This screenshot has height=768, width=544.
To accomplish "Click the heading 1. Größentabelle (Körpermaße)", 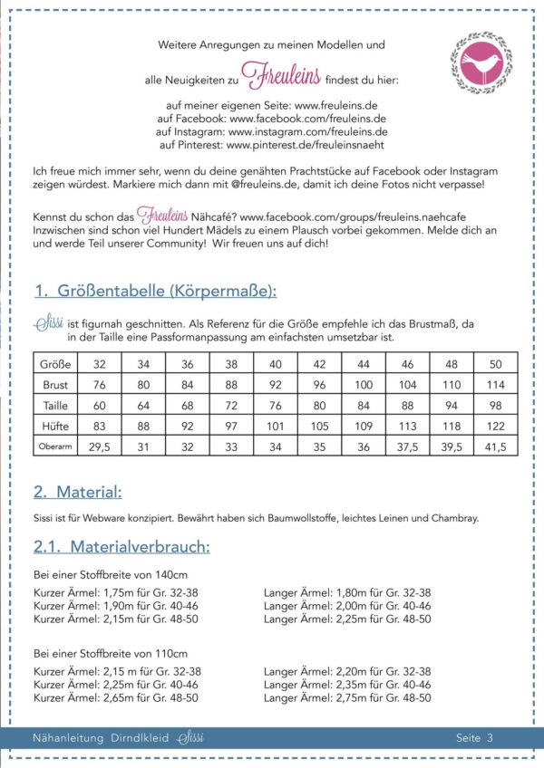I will tap(155, 291).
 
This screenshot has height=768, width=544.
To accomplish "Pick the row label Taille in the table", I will tap(54, 405).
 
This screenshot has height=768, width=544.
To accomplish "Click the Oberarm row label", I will tap(54, 446).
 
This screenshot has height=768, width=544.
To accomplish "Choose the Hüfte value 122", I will tap(495, 426).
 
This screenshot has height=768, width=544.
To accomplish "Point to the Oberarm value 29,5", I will tap(99, 446).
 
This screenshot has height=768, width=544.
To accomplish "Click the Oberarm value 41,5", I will tap(495, 446).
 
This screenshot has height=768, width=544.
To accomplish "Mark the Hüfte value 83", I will tap(99, 426).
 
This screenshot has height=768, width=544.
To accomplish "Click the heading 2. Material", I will tap(77, 493).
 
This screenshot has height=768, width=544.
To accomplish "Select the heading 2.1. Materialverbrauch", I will tap(121, 547).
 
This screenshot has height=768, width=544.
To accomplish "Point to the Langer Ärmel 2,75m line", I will tap(347, 698).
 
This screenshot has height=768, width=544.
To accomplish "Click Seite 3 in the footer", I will tap(474, 738).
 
